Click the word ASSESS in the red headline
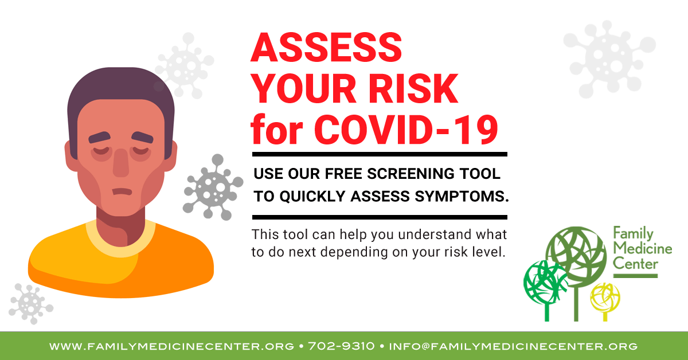[x=326, y=47]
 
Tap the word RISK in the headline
[x=413, y=89]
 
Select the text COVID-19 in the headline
[x=406, y=130]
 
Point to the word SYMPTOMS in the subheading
[x=462, y=196]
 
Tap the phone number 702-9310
[x=341, y=346]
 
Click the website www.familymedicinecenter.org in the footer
[x=171, y=346]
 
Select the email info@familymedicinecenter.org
[x=513, y=346]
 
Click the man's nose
[x=121, y=162]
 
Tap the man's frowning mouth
[x=122, y=191]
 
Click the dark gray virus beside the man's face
[x=213, y=187]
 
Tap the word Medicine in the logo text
[x=643, y=248]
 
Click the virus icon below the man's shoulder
[x=31, y=303]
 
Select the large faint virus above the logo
[x=609, y=59]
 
